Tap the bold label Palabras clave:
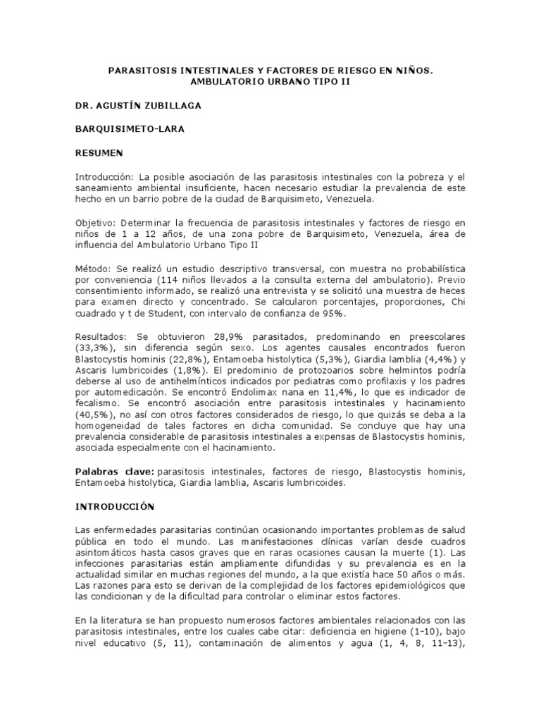tap(114, 471)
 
